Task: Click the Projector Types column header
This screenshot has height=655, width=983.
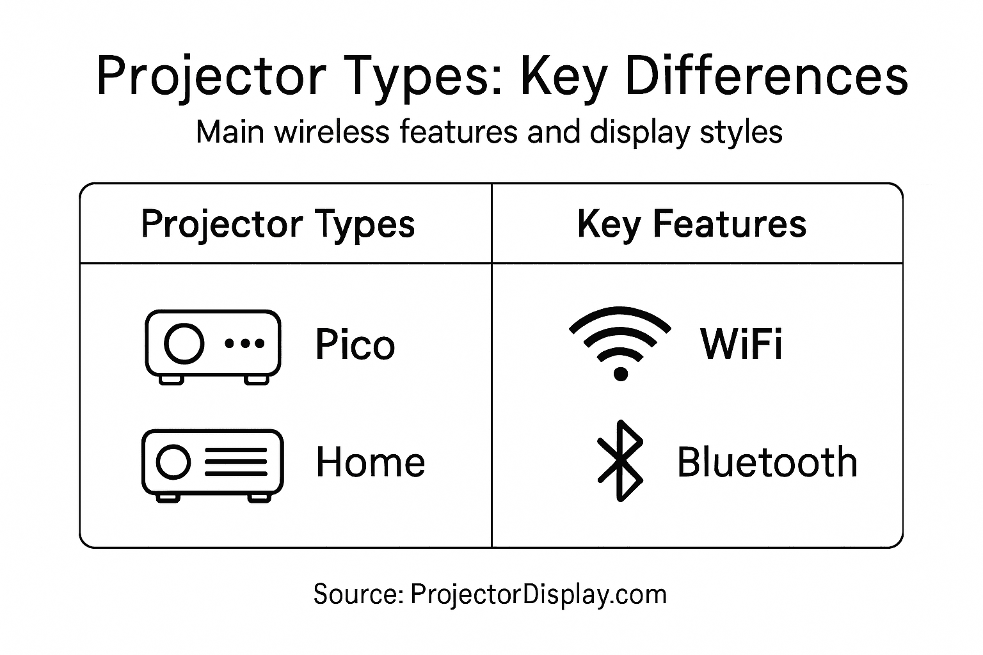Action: tap(278, 225)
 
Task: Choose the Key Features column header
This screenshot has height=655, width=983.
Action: tap(692, 225)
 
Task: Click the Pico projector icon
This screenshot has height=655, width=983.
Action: tap(213, 346)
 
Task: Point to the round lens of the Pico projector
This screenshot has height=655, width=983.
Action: tap(184, 343)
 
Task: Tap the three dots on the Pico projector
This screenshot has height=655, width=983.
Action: tap(245, 343)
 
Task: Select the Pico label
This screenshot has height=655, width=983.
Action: tap(355, 345)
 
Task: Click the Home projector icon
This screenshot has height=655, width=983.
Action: tap(212, 464)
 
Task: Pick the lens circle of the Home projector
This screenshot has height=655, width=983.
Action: tap(173, 462)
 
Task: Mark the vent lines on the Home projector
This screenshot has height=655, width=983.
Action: tap(236, 462)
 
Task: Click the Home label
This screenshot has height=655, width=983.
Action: tap(371, 462)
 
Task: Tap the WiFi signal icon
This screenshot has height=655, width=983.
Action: tap(619, 342)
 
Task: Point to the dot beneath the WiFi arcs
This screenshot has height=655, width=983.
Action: tap(620, 373)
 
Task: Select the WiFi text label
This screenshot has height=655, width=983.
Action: tap(742, 344)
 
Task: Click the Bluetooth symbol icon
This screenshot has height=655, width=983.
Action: tap(619, 461)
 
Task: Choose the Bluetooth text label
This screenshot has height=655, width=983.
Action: tap(767, 462)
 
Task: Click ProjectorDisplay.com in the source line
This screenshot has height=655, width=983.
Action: tap(538, 594)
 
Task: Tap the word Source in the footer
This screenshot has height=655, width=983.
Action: tap(356, 594)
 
